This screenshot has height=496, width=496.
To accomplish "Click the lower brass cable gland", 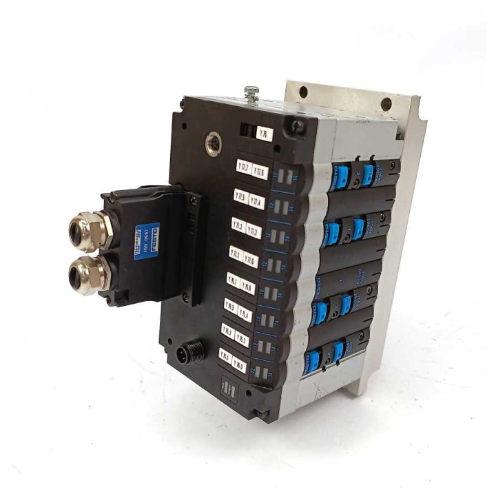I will tap(87, 274).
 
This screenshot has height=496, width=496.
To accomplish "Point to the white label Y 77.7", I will tap(243, 167).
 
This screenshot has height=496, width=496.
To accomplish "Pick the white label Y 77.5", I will tap(241, 196).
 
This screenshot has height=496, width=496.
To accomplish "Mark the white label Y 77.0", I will tap(251, 260).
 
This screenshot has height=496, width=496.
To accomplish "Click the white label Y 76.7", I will tap(233, 280).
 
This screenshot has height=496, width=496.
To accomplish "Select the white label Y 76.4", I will tap(245, 312).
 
